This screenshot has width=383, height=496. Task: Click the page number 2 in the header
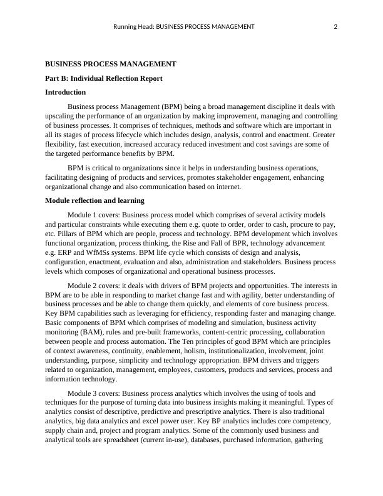[336, 26]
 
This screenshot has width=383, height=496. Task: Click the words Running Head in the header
[133, 26]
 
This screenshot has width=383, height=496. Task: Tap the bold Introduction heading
[66, 92]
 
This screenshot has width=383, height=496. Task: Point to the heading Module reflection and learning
[95, 200]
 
